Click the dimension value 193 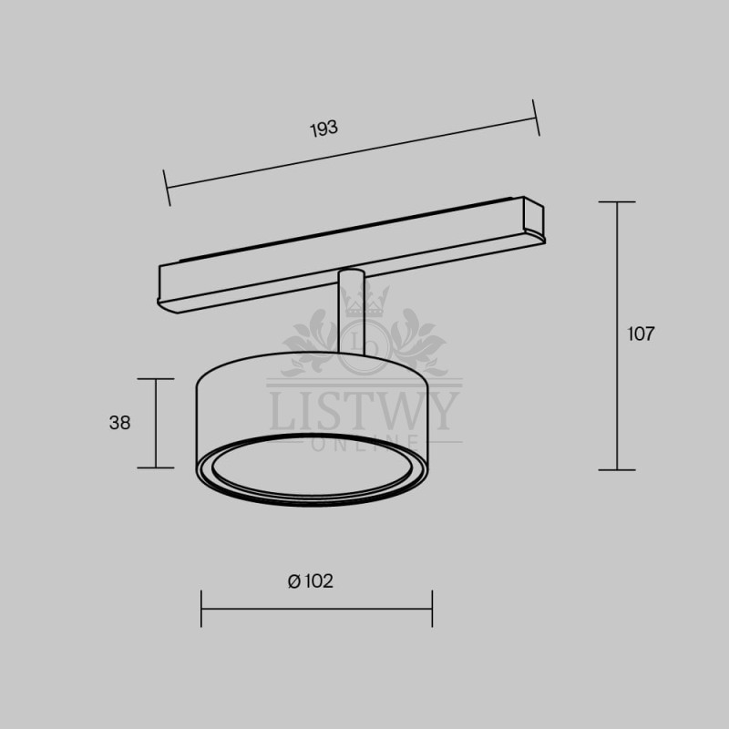coord(324,128)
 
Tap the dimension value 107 coord(641,334)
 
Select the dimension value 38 coord(120,423)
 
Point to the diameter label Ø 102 coord(311,581)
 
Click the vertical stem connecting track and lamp coord(351,312)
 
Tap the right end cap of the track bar coord(534,220)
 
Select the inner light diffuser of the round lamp coord(312,467)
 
